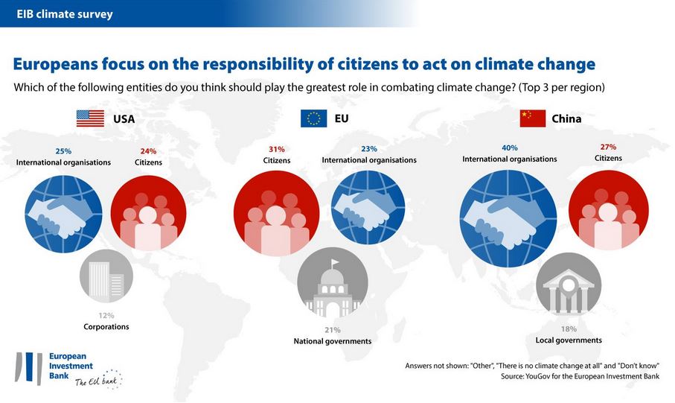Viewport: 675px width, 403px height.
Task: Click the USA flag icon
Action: (x=90, y=118)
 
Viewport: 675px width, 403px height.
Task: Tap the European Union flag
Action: (x=313, y=118)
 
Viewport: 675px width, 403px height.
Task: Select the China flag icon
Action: (x=531, y=118)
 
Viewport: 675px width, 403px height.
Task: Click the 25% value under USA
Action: (x=63, y=150)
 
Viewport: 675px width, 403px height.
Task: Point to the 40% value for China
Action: (x=509, y=148)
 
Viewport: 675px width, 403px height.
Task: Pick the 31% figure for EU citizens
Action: (x=276, y=149)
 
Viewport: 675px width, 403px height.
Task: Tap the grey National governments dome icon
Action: (x=332, y=286)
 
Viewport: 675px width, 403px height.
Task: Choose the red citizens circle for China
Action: (x=607, y=212)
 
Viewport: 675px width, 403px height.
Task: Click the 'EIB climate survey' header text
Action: (x=65, y=13)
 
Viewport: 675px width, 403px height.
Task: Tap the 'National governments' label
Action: (x=332, y=341)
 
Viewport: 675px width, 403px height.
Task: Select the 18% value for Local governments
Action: (x=569, y=329)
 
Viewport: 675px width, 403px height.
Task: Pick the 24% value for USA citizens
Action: (x=148, y=150)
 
